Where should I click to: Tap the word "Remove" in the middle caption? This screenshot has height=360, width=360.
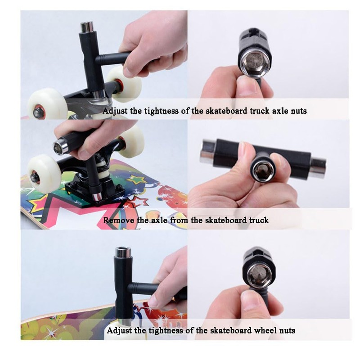[117, 220]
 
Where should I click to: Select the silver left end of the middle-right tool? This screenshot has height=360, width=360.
[208, 152]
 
